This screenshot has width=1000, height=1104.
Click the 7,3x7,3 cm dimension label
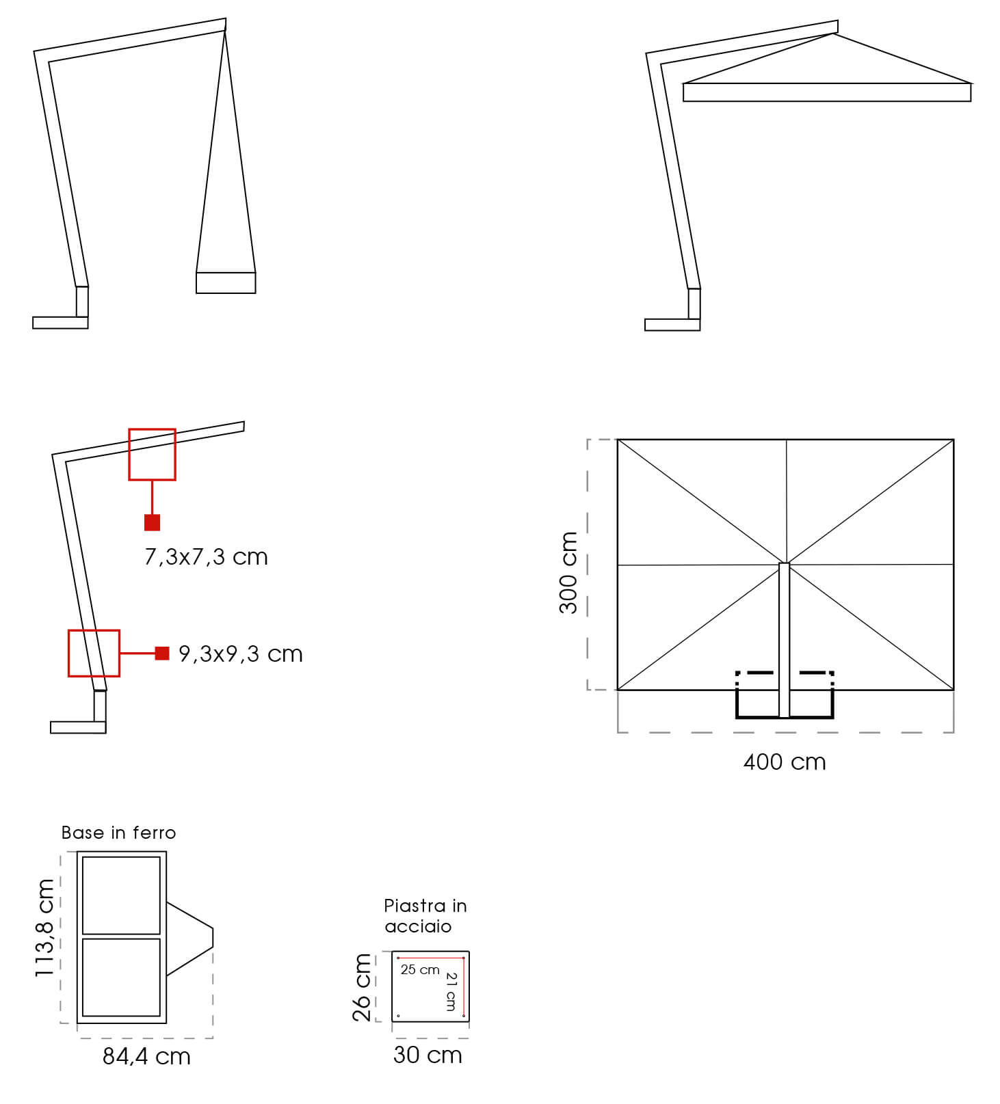(206, 557)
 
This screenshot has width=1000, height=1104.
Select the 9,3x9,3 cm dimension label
(240, 654)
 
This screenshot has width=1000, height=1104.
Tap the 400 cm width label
(785, 762)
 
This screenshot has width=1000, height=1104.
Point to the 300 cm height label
(568, 572)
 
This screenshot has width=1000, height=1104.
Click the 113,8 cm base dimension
(45, 928)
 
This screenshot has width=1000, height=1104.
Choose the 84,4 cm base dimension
(146, 1057)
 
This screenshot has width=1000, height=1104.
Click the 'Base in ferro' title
(118, 833)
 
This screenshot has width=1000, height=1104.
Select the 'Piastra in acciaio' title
(425, 916)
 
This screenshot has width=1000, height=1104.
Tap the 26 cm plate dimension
(362, 987)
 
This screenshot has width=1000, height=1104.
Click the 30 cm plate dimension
(427, 1055)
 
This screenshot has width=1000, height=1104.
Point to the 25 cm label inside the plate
(420, 970)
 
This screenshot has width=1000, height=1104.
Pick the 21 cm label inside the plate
(451, 991)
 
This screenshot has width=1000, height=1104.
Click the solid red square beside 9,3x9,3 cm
(162, 654)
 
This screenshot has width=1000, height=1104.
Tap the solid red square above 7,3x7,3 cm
(153, 522)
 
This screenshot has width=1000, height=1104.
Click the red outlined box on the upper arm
(153, 455)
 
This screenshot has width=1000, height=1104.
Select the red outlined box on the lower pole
(94, 654)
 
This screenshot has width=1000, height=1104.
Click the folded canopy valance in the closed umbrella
(226, 283)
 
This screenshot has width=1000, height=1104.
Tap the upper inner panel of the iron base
(121, 895)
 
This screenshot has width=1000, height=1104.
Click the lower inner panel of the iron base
(121, 978)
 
